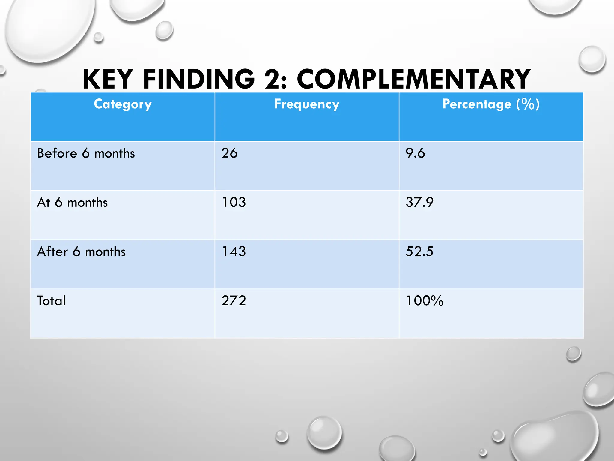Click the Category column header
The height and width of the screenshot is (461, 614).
(x=123, y=104)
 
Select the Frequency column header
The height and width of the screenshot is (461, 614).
(x=307, y=104)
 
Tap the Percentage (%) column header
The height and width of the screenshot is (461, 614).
(x=491, y=104)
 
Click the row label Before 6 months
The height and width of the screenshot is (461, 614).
(x=86, y=153)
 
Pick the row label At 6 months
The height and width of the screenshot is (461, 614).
(x=72, y=203)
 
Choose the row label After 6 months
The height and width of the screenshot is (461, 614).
(x=81, y=252)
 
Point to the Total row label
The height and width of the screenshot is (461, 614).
(x=51, y=301)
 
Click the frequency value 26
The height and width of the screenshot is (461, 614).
(x=229, y=153)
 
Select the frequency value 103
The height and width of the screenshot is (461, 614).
(x=234, y=202)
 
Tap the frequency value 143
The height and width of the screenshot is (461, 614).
(x=234, y=252)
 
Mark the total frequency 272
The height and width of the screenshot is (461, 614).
(x=234, y=301)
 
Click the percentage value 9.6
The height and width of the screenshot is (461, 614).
(x=415, y=153)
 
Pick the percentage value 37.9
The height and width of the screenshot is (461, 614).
(x=419, y=202)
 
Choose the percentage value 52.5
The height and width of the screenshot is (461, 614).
(x=419, y=252)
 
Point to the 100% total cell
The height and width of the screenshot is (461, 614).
(x=424, y=301)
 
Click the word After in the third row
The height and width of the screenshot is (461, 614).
(x=52, y=252)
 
